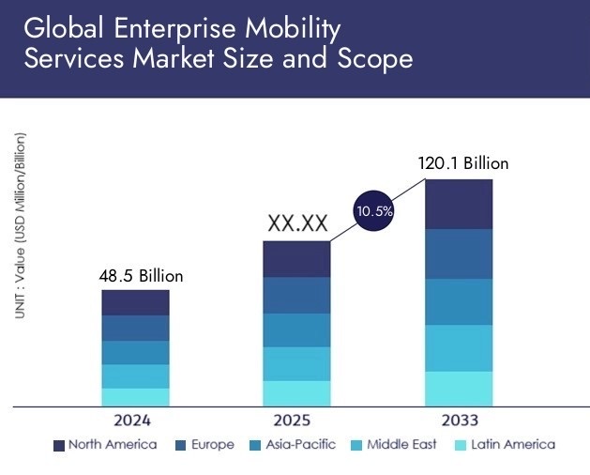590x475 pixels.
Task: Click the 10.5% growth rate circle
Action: pos(373,212)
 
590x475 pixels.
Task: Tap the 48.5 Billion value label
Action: pos(141,276)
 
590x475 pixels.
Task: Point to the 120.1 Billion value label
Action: pos(462,163)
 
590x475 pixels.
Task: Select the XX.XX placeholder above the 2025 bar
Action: pos(297,223)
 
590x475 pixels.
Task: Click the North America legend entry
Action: pos(105,445)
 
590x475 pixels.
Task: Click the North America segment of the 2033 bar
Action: pos(459,204)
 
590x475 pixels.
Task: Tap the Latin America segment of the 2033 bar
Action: pos(459,389)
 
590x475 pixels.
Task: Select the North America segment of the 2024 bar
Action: pos(136,302)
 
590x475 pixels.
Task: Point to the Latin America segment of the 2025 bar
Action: pos(296,393)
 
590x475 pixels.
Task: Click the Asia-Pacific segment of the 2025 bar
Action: pos(296,329)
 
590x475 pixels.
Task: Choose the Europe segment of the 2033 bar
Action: pos(459,253)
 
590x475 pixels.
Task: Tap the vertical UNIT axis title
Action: pos(21,225)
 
